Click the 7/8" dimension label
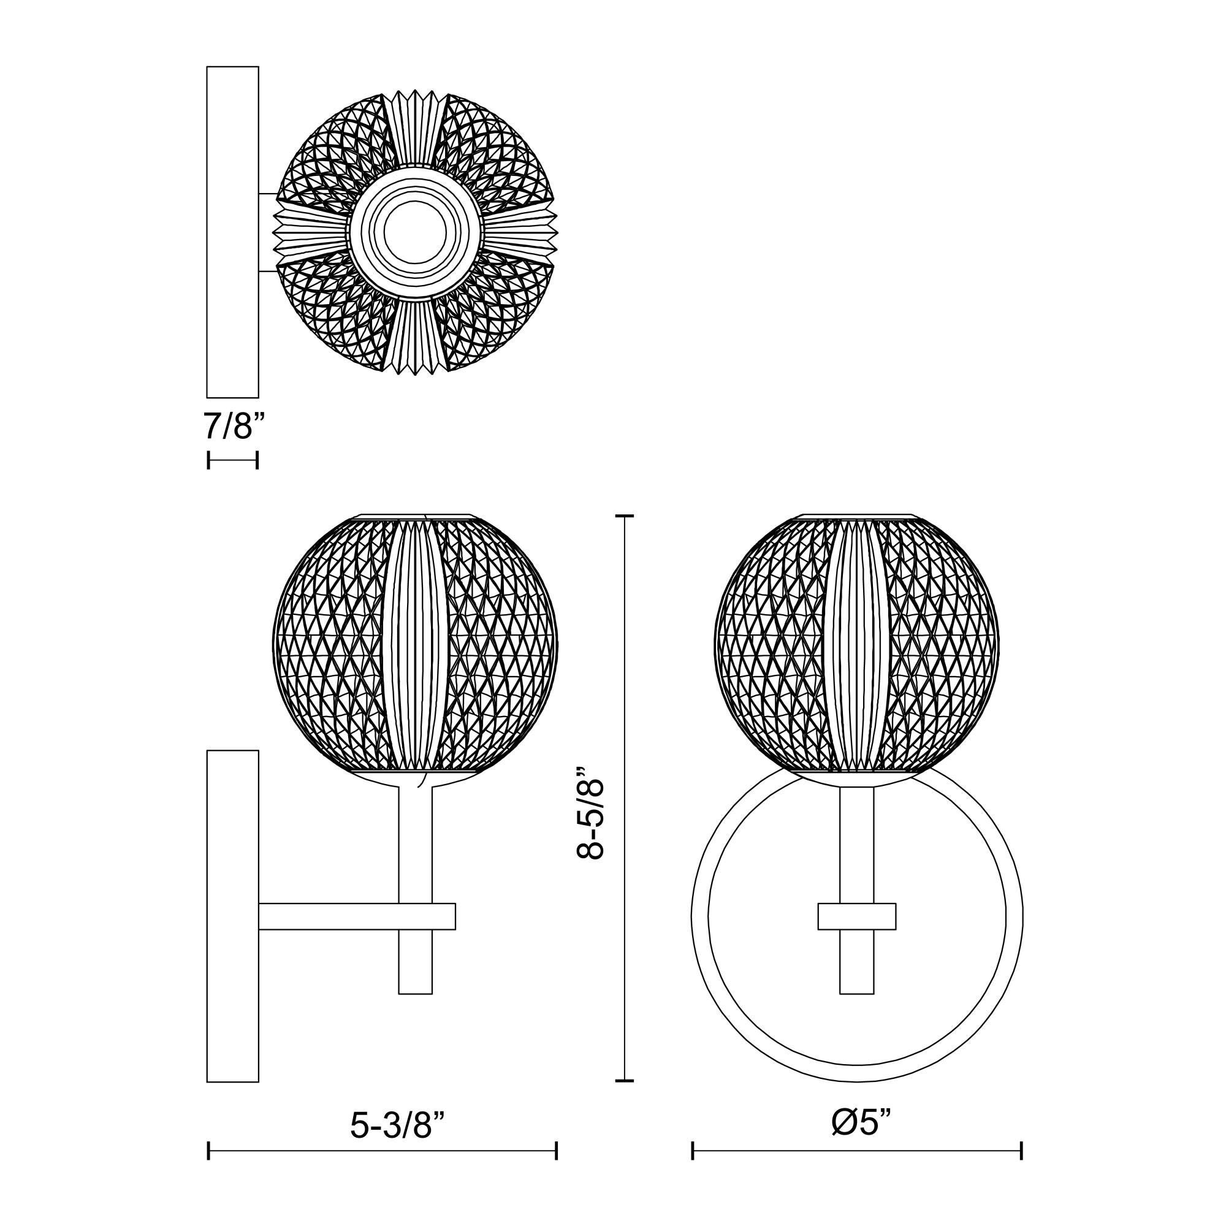click(x=232, y=427)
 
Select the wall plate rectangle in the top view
click(x=232, y=232)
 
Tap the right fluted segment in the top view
click(x=520, y=232)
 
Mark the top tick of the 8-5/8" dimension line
click(x=625, y=517)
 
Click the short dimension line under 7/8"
click(x=232, y=460)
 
